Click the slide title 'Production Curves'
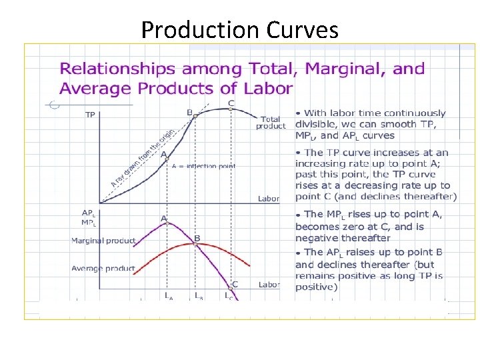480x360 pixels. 239,29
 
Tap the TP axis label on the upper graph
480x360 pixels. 89,115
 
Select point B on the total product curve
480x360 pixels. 195,116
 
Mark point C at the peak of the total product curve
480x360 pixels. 231,109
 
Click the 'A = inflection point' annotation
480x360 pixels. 203,166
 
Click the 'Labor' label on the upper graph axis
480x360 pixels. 269,199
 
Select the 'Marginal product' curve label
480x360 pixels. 103,241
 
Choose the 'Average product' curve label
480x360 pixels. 103,268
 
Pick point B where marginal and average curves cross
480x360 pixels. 195,244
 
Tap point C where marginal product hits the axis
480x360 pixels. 231,288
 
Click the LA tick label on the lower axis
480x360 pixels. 169,296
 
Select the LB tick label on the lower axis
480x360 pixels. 199,296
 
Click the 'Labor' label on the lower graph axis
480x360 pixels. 269,285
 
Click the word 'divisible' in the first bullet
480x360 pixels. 318,124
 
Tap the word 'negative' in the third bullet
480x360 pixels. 317,238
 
